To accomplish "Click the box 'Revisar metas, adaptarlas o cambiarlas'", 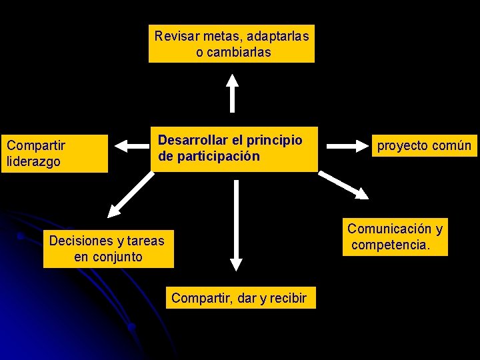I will [231, 44].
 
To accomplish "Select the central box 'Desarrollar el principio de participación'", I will [235, 149].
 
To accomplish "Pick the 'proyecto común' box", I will [424, 145].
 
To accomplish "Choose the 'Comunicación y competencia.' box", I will [395, 237].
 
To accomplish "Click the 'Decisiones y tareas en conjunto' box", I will [108, 248].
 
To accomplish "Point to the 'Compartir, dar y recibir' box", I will [239, 298].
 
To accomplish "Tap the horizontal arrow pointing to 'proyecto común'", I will [346, 144].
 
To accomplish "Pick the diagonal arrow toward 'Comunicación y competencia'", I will [343, 185].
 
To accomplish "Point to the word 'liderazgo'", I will [33, 161].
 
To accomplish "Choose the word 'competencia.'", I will [391, 245].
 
